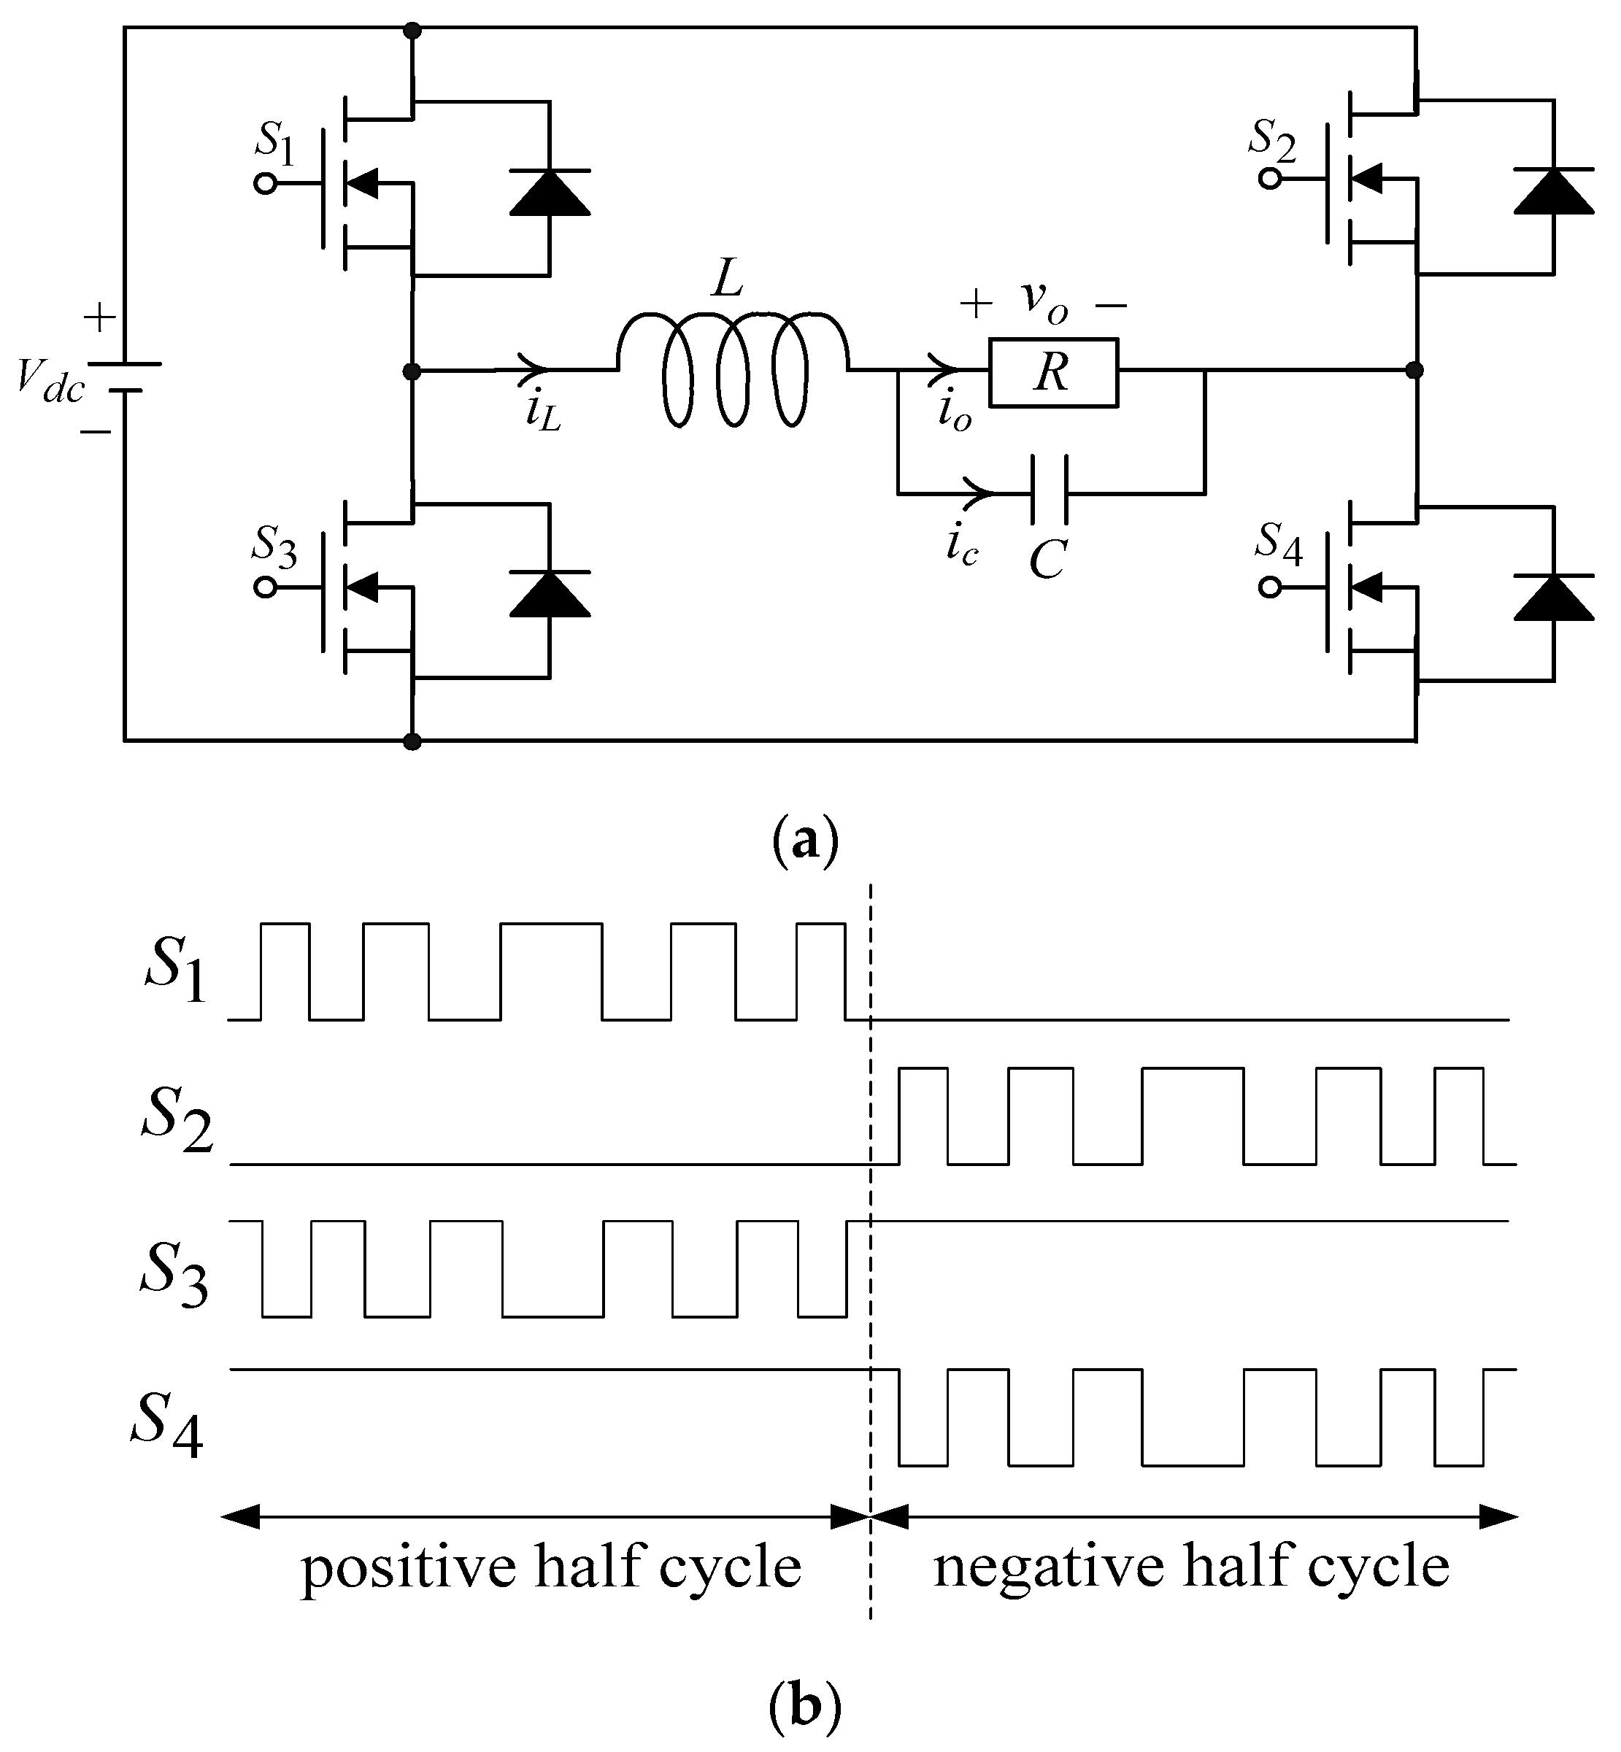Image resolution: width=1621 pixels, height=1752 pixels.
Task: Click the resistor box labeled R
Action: (1052, 373)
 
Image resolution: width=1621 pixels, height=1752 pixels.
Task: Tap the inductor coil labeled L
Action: (734, 368)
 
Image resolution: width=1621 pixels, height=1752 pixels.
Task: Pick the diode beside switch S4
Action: (1553, 598)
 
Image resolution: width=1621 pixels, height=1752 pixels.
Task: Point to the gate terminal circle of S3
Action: (265, 587)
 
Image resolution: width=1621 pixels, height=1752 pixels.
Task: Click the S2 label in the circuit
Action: (1273, 140)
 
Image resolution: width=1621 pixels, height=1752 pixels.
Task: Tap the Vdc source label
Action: (50, 382)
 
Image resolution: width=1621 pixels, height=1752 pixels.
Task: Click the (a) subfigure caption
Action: (805, 840)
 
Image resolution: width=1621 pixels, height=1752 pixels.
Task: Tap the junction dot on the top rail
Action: (412, 31)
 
